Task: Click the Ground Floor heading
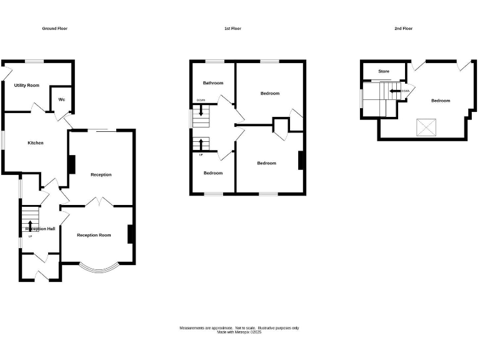[x=55, y=29]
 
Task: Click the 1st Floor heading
[x=232, y=29]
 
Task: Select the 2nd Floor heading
[x=404, y=29]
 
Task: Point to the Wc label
[x=62, y=99]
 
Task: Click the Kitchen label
[x=36, y=143]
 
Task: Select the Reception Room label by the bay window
[x=94, y=235]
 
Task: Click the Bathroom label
[x=212, y=83]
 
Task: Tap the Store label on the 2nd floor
[x=384, y=72]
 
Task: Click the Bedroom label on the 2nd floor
[x=440, y=101]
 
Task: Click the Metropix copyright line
[x=239, y=332]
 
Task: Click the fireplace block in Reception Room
[x=131, y=234]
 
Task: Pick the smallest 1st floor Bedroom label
[x=212, y=173]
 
